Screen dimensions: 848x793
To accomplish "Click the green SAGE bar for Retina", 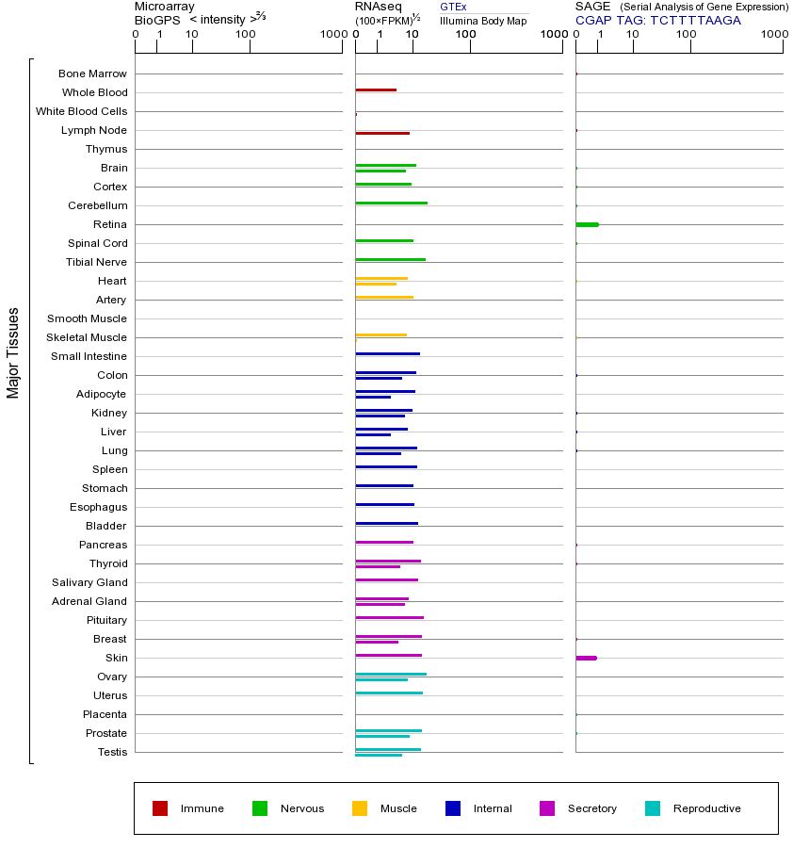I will tap(587, 224).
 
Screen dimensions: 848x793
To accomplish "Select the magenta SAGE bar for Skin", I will tap(586, 658).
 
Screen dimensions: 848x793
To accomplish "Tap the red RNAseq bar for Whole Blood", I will tap(376, 90).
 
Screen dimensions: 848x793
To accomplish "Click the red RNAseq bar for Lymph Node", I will tap(382, 133).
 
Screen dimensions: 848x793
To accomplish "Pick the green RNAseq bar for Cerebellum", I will tap(391, 203).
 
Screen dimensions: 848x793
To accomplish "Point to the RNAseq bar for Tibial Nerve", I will tap(390, 259).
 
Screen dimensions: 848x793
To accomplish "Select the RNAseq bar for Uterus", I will tap(389, 693).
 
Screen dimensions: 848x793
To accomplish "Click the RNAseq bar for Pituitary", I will tap(389, 617).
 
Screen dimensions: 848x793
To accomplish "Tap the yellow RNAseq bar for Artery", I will tap(384, 297).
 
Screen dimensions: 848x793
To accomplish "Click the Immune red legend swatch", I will tap(160, 808).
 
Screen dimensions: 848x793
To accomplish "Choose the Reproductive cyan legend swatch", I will tap(653, 808).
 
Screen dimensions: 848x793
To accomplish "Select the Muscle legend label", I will tap(398, 808).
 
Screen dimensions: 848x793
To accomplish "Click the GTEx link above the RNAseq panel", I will tap(453, 7).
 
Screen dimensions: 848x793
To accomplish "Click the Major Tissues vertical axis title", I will tap(13, 352).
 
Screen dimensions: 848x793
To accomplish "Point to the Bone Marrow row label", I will tap(92, 73).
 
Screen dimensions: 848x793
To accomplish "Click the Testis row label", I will tap(112, 752).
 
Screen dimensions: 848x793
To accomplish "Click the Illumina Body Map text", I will tap(483, 20).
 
